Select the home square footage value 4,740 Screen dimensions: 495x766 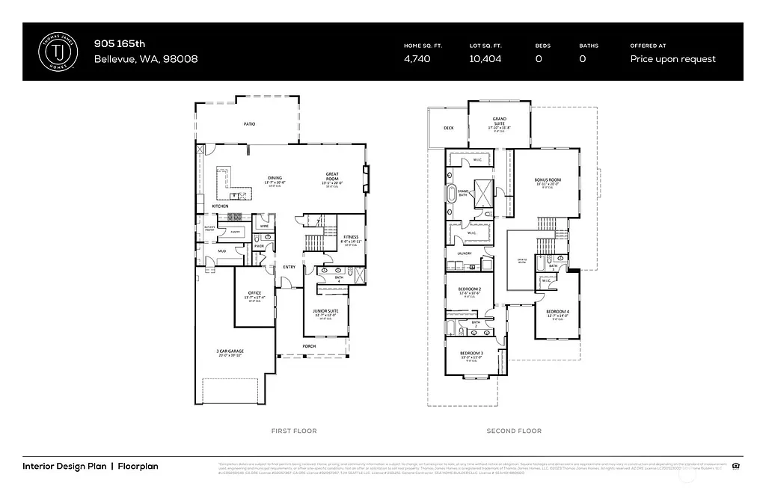click(417, 59)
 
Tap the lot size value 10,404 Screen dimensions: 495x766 click(485, 59)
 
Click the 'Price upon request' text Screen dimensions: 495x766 click(672, 59)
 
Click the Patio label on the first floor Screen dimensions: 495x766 click(249, 123)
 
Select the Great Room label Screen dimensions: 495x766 click(332, 174)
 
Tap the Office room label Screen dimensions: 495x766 click(254, 292)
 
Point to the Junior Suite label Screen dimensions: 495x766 click(325, 310)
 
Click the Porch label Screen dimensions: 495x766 click(309, 346)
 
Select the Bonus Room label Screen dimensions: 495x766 click(548, 180)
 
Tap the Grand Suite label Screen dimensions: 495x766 click(499, 119)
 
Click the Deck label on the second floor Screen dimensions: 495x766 click(448, 128)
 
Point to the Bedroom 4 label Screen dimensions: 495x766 click(557, 311)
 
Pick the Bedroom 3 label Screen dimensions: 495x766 click(471, 353)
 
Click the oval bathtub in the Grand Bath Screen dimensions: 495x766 click(452, 197)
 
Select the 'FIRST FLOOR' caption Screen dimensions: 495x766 click(293, 431)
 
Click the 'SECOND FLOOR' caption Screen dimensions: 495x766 click(513, 431)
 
